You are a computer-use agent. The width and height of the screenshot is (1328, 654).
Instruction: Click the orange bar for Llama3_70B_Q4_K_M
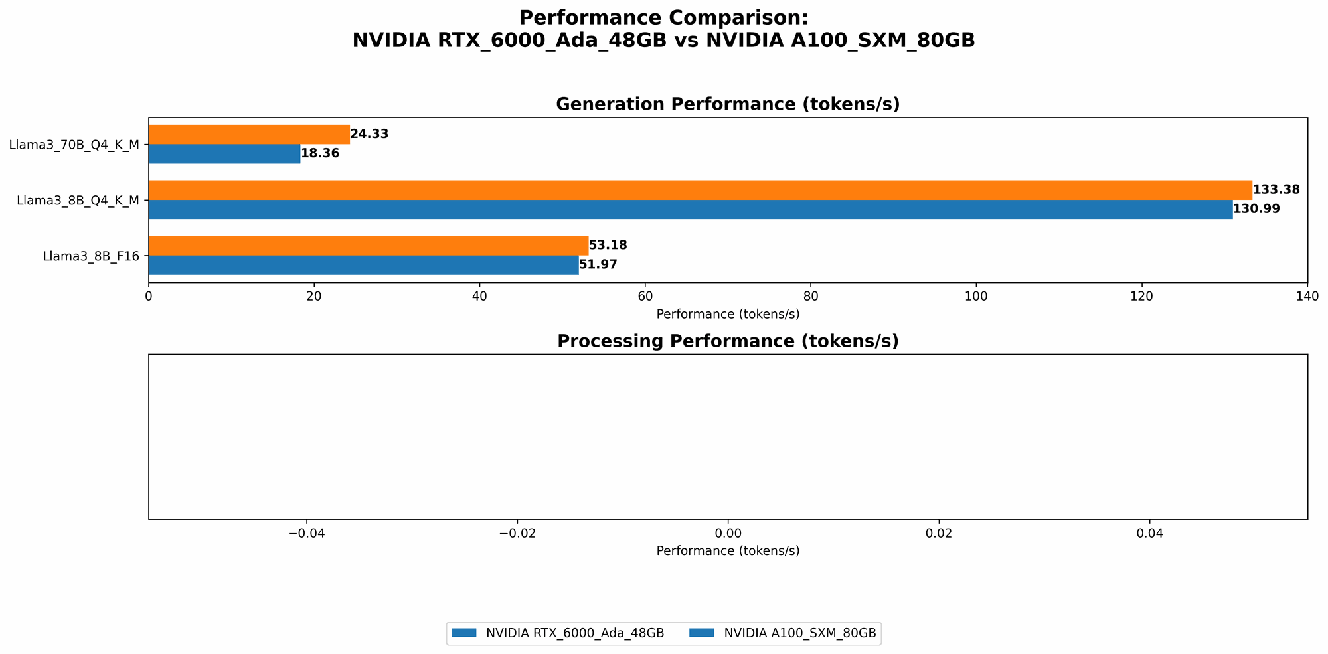249,134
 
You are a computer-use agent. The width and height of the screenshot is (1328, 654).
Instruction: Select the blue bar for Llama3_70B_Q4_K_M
224,154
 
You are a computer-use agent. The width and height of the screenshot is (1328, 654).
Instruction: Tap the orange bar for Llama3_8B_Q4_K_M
700,190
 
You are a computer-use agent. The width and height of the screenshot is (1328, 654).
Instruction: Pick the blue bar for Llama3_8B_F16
363,265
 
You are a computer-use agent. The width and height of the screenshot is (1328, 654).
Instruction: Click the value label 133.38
1276,190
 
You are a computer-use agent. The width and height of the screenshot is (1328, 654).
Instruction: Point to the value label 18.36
320,154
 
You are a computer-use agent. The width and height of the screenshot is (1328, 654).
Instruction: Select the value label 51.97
598,265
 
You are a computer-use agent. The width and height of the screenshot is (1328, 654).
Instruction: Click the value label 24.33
369,134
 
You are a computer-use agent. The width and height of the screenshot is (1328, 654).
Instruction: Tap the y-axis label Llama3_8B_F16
91,255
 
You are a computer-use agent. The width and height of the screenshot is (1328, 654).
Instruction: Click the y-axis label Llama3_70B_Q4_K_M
74,144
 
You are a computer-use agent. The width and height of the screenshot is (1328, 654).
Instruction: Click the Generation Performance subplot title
728,104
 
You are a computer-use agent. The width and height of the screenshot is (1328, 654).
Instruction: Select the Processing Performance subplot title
728,341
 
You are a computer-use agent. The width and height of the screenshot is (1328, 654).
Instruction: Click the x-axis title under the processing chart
728,551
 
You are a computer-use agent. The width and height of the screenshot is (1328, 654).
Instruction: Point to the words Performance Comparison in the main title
663,17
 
